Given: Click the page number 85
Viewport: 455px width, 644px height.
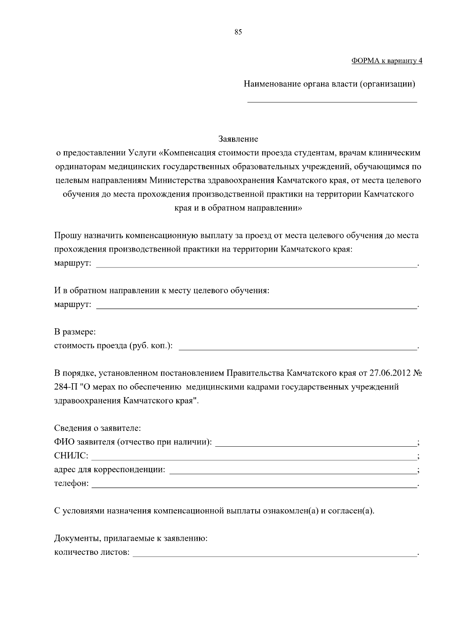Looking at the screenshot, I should tap(238, 32).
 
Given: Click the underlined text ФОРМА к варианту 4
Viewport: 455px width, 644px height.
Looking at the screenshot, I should tap(386, 61).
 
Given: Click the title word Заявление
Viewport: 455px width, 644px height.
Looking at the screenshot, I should tap(238, 139).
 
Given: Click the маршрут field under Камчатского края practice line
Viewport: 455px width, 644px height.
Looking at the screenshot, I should tap(256, 264).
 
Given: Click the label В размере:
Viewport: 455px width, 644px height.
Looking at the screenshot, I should tap(75, 332).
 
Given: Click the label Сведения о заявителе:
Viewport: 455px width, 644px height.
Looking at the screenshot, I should tap(97, 428).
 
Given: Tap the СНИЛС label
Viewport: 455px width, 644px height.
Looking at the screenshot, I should tap(71, 456).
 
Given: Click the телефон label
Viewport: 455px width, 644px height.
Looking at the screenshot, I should tap(71, 484).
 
